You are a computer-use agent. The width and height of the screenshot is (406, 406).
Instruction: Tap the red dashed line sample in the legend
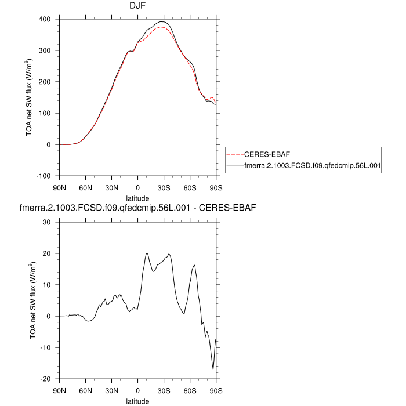(235, 155)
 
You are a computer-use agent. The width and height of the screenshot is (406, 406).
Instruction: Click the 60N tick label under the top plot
(85, 187)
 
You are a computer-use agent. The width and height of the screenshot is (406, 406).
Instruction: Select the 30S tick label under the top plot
(164, 187)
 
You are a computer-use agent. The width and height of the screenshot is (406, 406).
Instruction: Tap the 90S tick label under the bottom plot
(216, 390)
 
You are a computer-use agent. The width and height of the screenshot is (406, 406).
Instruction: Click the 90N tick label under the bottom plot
(59, 390)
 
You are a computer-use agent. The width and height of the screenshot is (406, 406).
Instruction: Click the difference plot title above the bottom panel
(138, 206)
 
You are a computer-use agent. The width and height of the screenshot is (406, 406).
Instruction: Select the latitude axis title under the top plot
(138, 198)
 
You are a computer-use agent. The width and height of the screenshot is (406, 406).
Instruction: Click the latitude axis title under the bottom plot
(138, 401)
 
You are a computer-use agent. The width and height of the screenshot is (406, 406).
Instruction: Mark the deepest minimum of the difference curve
(213, 369)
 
